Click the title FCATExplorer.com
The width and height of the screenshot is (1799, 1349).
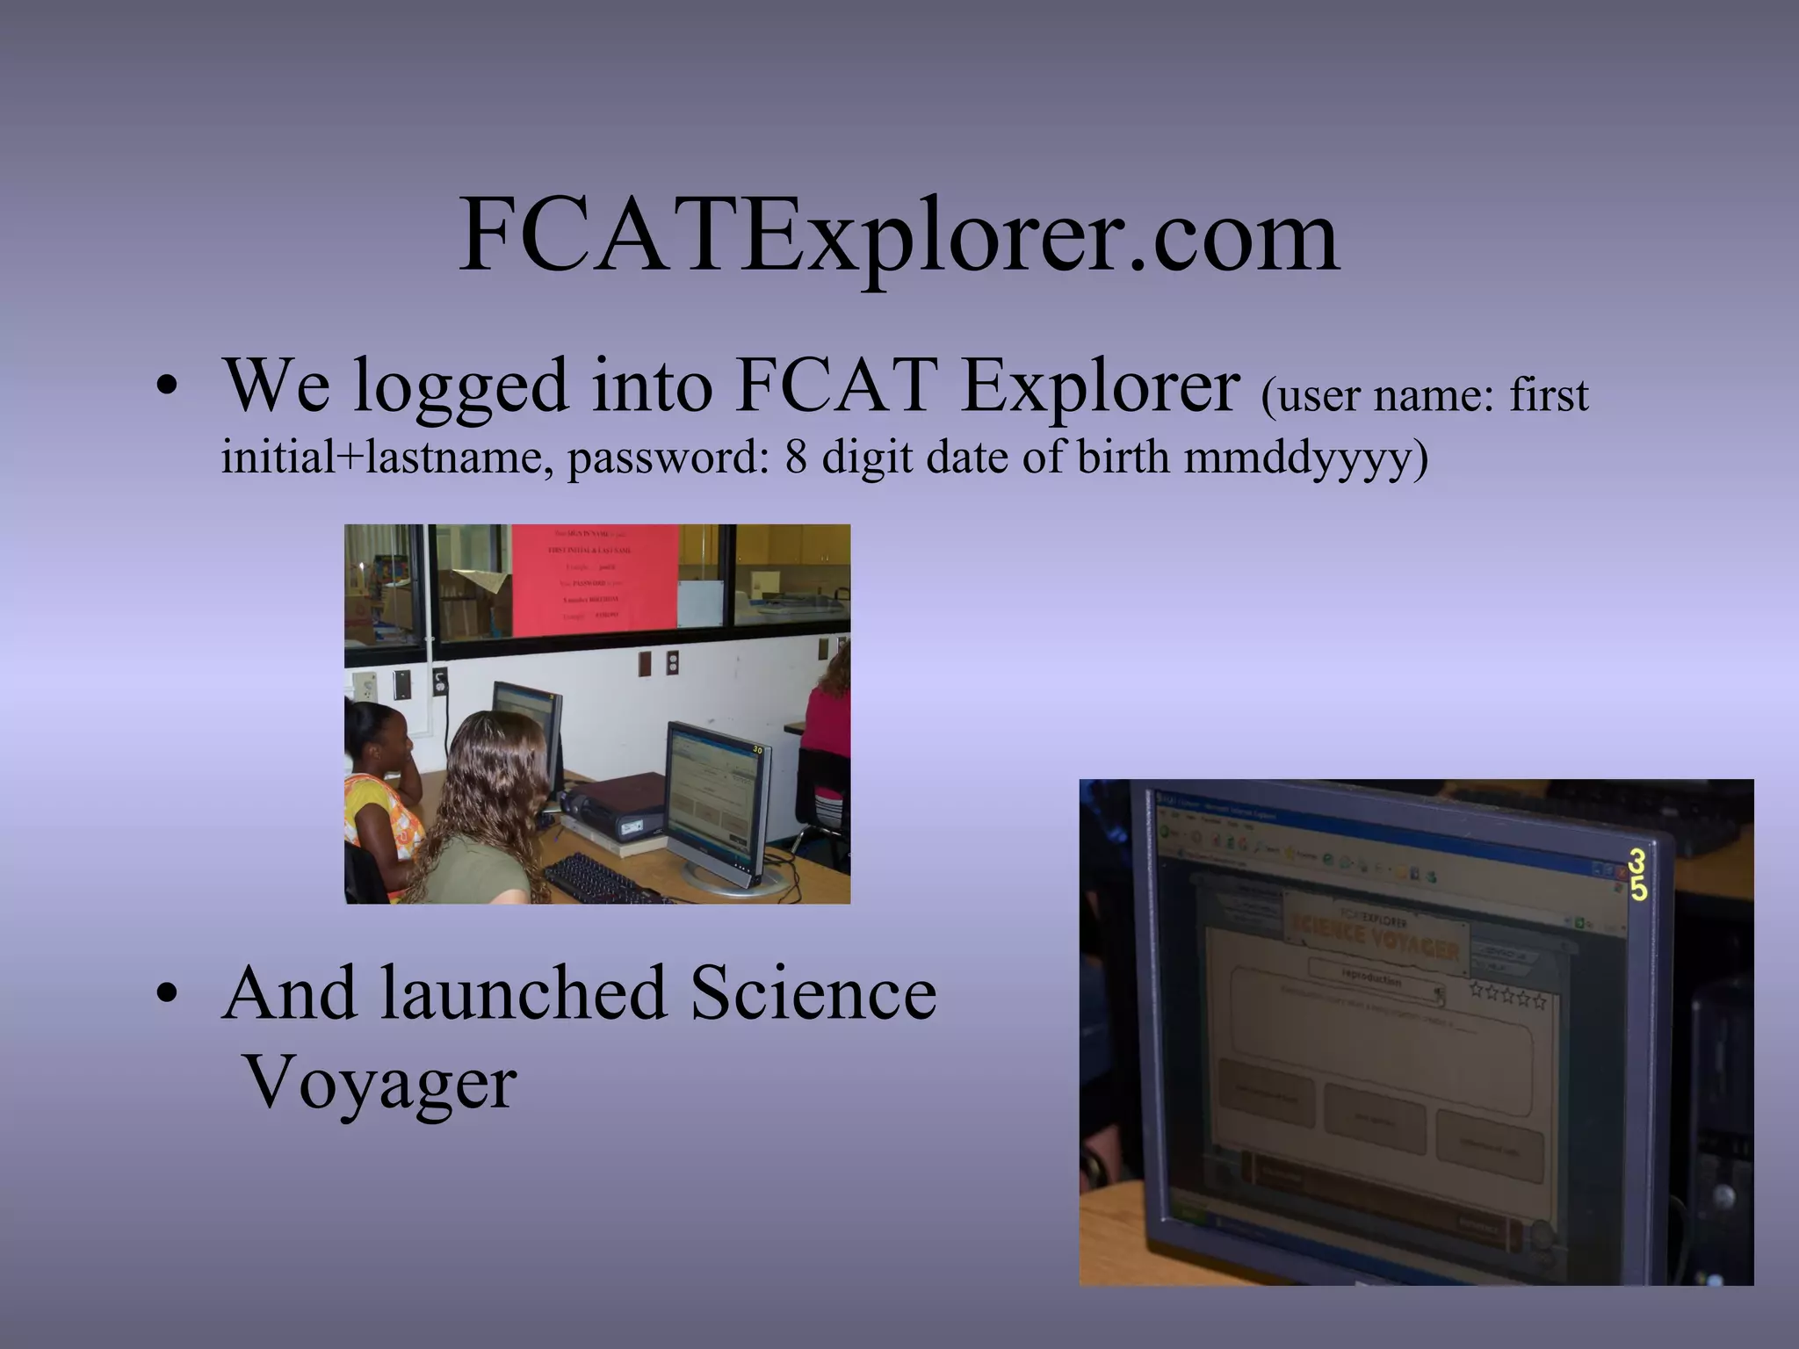(x=899, y=236)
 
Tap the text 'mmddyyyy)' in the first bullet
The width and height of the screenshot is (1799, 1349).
(x=1305, y=458)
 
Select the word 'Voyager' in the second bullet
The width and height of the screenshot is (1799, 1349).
(x=379, y=1083)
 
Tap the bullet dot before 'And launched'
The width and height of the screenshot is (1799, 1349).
(x=165, y=995)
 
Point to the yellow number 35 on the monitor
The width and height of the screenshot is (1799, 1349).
(x=1638, y=875)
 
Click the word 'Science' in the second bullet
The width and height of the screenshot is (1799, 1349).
(x=813, y=992)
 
